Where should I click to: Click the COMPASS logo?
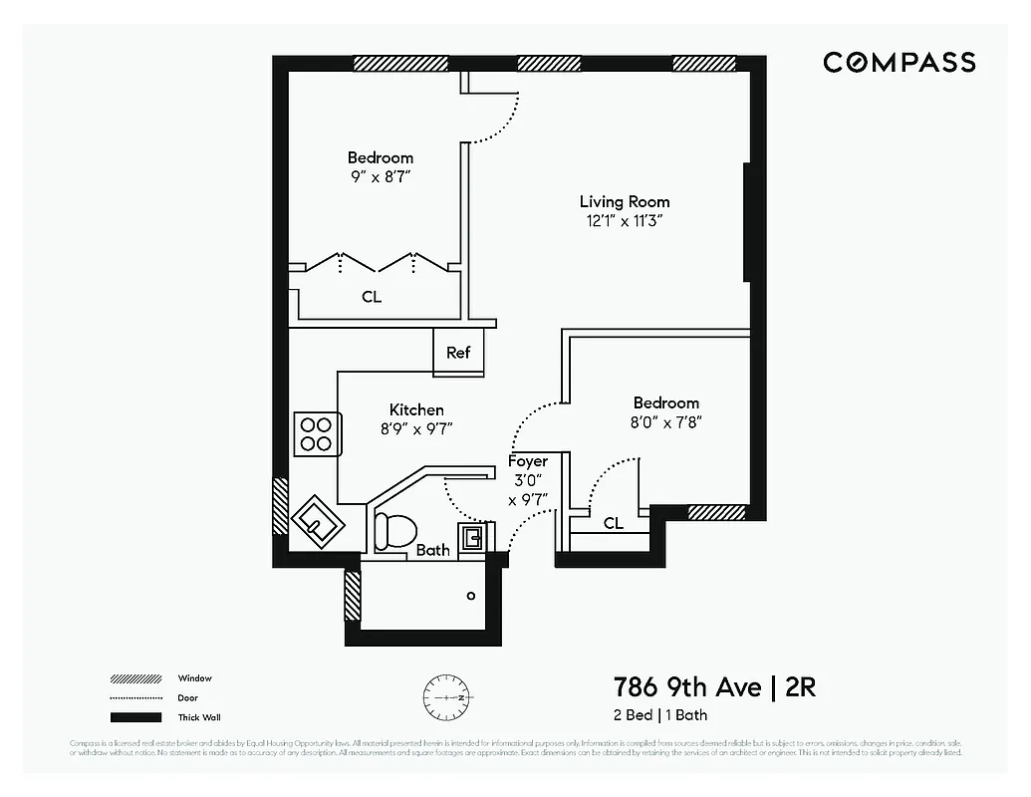point(899,63)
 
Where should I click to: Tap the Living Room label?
point(625,201)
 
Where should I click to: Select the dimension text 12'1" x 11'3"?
point(625,221)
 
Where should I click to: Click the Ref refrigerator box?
point(458,353)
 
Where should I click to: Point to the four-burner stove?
point(317,433)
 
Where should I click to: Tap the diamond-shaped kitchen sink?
point(318,520)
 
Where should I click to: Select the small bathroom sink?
point(473,538)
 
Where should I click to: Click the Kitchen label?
point(416,409)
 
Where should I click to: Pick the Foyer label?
point(527,461)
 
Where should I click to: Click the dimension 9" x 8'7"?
point(380,176)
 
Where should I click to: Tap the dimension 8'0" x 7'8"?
point(665,421)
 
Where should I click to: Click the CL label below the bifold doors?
point(371,297)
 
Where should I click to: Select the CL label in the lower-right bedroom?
point(614,523)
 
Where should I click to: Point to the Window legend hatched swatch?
point(135,678)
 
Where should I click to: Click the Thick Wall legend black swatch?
point(135,717)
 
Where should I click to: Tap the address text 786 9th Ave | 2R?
point(714,687)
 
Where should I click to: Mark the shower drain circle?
point(471,596)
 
